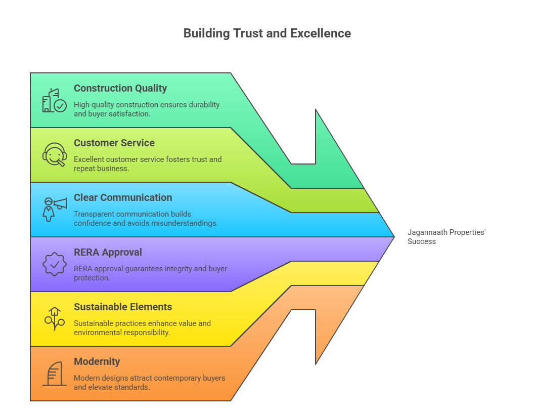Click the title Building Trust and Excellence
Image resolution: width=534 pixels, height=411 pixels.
(x=266, y=33)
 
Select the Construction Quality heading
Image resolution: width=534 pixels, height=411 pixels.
(x=120, y=88)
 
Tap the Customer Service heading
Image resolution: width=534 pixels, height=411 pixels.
(x=114, y=143)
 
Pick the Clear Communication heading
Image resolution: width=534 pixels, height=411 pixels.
(x=123, y=197)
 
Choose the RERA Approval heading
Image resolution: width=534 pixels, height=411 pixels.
(x=108, y=252)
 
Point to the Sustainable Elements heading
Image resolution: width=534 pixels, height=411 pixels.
(x=123, y=307)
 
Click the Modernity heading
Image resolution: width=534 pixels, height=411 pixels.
(x=97, y=361)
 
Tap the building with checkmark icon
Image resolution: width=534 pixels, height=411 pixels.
(x=54, y=101)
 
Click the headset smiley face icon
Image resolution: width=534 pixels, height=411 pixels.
(x=54, y=155)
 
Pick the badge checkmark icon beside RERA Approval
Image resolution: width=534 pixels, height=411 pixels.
(x=54, y=264)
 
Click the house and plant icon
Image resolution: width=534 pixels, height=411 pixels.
(x=54, y=318)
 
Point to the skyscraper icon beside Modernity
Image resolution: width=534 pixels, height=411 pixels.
(x=54, y=374)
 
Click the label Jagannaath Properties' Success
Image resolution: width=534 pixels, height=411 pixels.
(x=446, y=237)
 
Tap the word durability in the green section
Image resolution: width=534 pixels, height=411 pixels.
(x=203, y=105)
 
